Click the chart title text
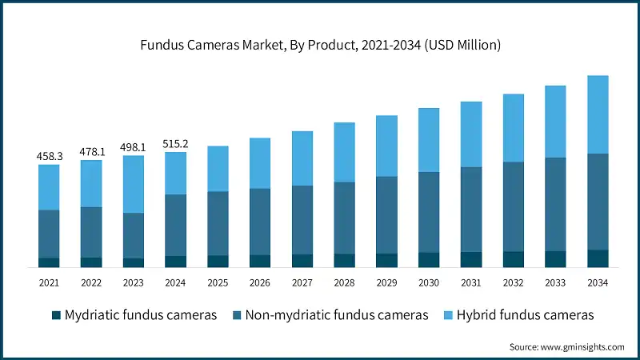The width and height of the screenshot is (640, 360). (x=320, y=46)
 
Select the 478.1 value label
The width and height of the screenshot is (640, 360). (x=91, y=152)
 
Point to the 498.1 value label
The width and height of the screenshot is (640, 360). (x=134, y=147)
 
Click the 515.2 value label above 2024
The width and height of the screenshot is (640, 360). (x=175, y=143)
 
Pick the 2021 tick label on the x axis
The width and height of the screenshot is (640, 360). (x=49, y=283)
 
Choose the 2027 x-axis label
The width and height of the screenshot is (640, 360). (x=302, y=283)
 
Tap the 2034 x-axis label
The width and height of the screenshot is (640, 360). (x=598, y=283)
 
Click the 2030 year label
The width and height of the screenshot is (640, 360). (x=429, y=283)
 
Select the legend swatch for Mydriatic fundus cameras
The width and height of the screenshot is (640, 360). (x=55, y=315)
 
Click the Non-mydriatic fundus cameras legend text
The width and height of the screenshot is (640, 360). (x=336, y=315)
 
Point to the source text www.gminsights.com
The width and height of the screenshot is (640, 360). (x=566, y=347)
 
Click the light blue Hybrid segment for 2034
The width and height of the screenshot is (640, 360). (x=598, y=114)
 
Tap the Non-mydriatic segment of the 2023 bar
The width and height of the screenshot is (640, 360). (x=134, y=235)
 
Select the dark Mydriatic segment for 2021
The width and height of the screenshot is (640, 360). (x=49, y=262)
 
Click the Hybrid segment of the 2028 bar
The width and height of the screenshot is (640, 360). (x=345, y=152)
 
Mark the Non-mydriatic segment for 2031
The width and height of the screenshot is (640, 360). (x=471, y=210)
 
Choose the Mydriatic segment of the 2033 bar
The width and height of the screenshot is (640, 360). (x=555, y=258)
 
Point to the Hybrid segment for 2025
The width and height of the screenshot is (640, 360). (x=218, y=169)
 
